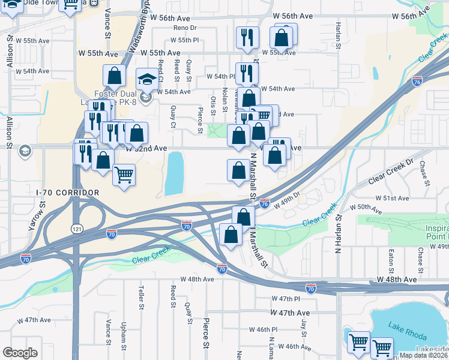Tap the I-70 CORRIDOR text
67,192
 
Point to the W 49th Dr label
288,204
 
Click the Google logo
20,353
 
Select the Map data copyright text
423,355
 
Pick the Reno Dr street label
185,28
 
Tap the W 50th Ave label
369,209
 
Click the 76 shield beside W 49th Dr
264,204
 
